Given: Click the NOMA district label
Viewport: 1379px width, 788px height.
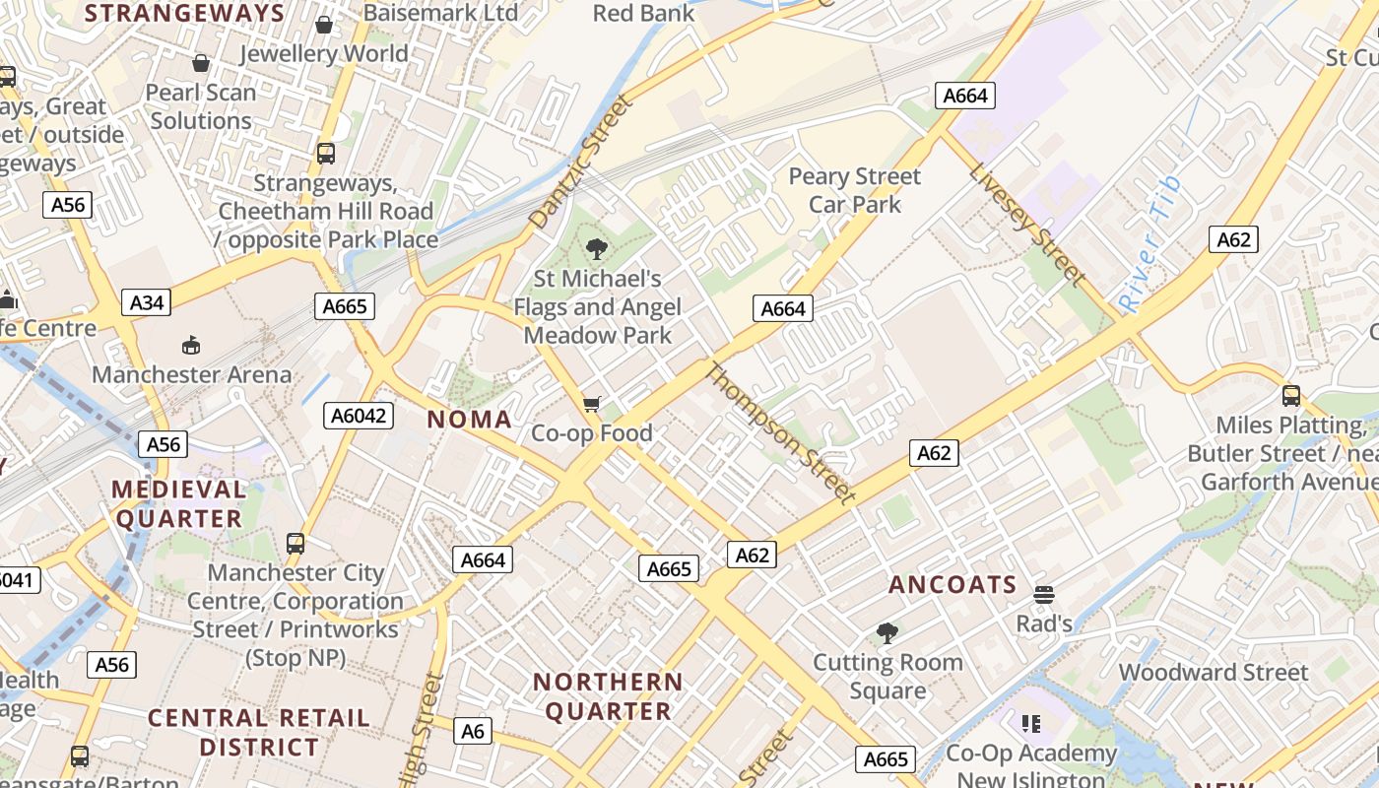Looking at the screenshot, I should tap(470, 420).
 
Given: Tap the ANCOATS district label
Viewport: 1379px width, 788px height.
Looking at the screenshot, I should tap(952, 585).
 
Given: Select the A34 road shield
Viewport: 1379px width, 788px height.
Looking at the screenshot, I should tap(147, 302).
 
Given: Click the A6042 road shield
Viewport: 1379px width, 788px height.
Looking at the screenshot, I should tap(359, 416).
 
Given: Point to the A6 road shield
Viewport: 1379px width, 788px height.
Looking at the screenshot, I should tap(473, 731).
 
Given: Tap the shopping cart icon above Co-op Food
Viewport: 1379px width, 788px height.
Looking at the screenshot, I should tap(592, 404).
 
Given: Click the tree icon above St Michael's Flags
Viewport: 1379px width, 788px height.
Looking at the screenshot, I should tap(596, 249).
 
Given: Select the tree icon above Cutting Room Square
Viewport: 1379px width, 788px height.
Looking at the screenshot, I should tap(887, 632).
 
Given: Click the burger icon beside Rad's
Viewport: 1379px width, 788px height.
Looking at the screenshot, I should tap(1044, 595).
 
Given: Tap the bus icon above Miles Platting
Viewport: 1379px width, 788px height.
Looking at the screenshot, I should tap(1290, 396).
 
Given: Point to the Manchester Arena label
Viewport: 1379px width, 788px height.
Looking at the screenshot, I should tap(192, 375).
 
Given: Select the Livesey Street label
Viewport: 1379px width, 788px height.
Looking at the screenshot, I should tap(1026, 224).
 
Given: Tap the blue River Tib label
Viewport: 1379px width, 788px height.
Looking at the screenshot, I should tap(1149, 243).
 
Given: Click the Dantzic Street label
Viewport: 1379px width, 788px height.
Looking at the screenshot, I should tap(578, 163).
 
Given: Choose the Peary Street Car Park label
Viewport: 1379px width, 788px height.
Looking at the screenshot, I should tap(855, 190).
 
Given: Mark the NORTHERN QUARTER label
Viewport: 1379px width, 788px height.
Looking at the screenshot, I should tap(608, 696).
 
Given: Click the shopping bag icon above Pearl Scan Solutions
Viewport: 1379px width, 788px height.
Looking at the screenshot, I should tap(201, 64).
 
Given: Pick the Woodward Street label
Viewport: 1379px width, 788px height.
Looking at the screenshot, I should tap(1214, 673).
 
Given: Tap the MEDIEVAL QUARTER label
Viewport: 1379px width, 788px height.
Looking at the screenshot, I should tap(178, 504).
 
